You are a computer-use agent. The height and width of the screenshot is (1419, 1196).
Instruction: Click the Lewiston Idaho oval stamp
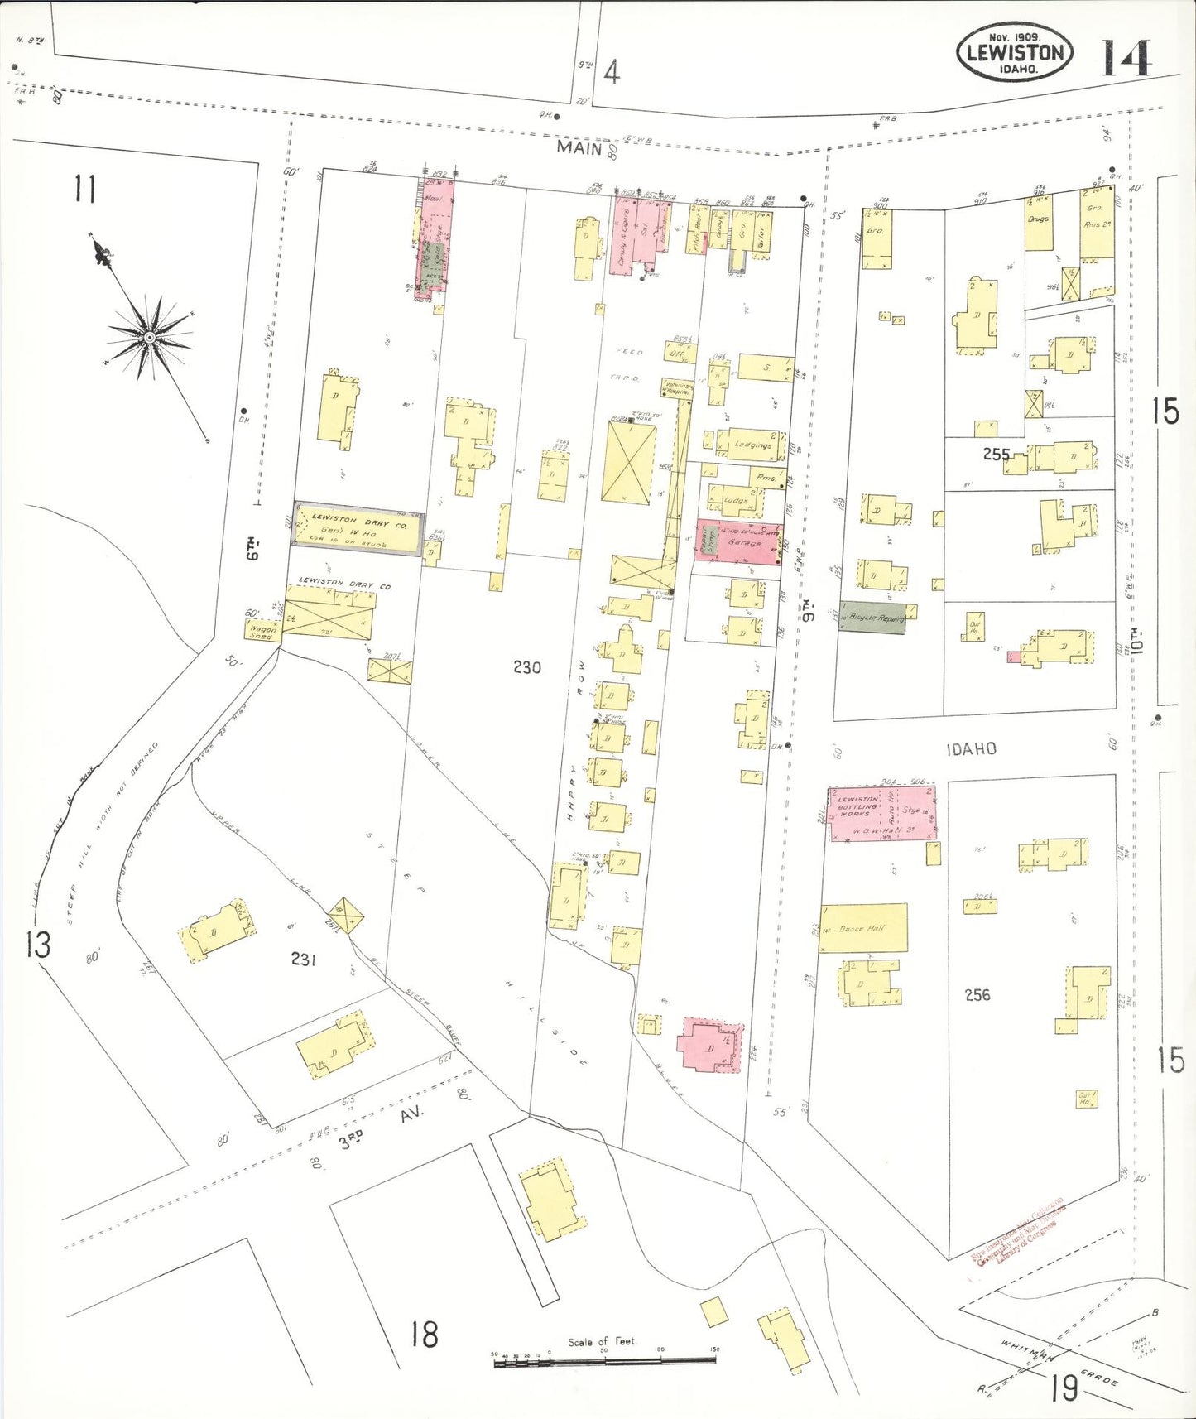tap(1015, 52)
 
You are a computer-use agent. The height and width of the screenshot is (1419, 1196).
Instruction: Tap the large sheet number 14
tap(1125, 58)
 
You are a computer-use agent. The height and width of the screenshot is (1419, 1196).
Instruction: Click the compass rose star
tap(149, 338)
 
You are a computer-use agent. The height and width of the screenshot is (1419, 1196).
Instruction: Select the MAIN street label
tap(579, 148)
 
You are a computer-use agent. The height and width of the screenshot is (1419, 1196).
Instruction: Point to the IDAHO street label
tap(971, 749)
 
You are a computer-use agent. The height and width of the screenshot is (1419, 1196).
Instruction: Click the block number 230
tap(526, 667)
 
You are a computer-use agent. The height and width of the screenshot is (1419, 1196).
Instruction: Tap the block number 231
tap(304, 959)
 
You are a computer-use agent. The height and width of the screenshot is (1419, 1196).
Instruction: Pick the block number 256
tap(977, 994)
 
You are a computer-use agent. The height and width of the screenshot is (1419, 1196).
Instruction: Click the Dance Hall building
tap(862, 928)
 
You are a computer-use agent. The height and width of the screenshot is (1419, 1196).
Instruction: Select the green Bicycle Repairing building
tap(872, 618)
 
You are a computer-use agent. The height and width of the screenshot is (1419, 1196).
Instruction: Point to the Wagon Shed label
tap(262, 632)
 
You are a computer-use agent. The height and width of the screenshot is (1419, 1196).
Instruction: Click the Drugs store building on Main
tap(1038, 222)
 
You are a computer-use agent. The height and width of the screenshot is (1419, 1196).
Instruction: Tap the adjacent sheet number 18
tap(425, 1334)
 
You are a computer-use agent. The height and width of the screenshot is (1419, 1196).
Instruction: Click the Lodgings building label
tap(752, 445)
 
